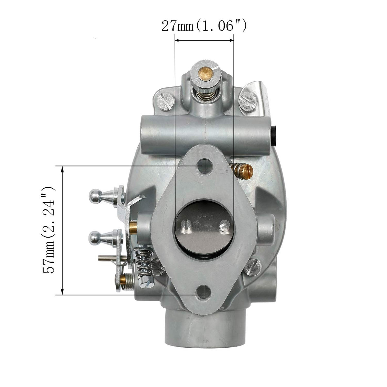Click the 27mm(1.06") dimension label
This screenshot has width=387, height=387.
204,26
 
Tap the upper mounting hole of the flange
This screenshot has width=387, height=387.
204,166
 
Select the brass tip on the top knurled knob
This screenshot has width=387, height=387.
205,74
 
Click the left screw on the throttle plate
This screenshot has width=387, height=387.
186,226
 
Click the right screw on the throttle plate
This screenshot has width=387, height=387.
224,226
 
